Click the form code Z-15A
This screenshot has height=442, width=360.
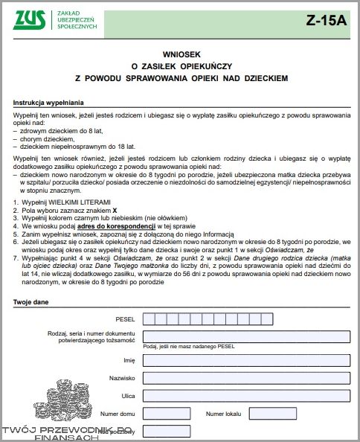click(x=325, y=21)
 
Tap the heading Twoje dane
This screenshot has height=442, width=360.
click(x=30, y=301)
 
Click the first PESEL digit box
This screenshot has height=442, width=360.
click(x=148, y=319)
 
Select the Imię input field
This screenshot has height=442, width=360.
click(x=245, y=360)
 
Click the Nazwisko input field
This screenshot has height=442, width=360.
click(x=245, y=378)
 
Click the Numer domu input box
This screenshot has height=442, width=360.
click(x=165, y=413)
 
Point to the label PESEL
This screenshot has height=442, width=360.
click(x=125, y=319)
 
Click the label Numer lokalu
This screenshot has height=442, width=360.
click(x=223, y=413)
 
